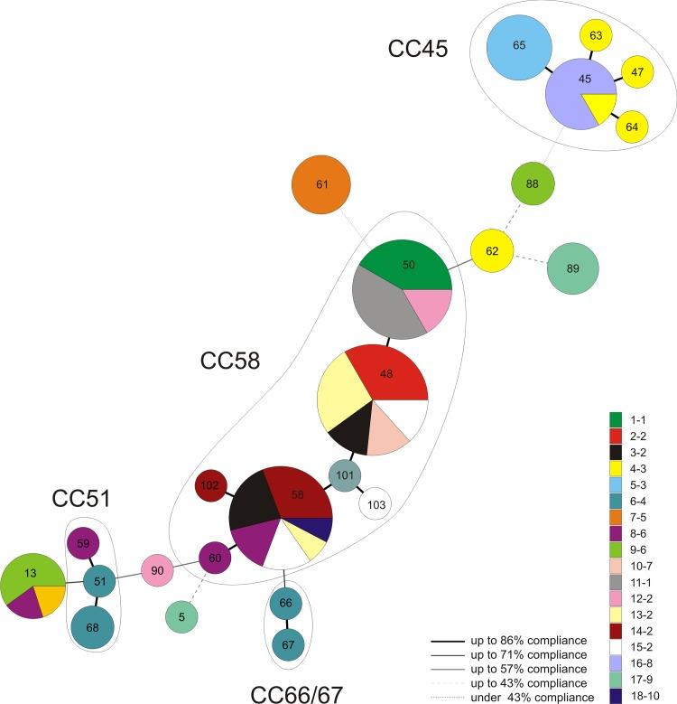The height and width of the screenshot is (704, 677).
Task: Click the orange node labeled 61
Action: pos(320,186)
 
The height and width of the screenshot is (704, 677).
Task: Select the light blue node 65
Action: pos(518,45)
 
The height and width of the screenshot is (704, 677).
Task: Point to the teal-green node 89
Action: pos(572,269)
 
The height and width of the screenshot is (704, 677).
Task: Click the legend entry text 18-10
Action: pos(647,692)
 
